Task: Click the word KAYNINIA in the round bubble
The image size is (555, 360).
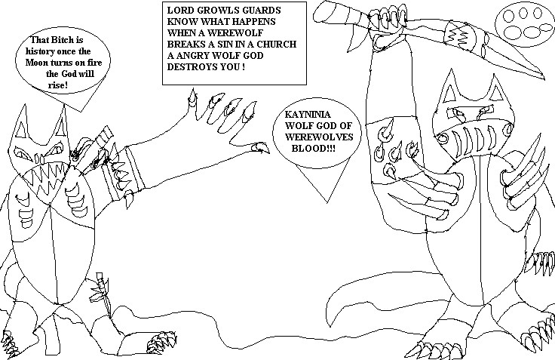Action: (308, 115)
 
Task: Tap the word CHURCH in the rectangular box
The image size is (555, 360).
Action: (277, 44)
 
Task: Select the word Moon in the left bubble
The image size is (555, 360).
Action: (35, 63)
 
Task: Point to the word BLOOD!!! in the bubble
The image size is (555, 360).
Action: (314, 148)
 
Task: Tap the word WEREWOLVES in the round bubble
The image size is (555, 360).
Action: (319, 137)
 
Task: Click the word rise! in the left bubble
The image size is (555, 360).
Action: (58, 85)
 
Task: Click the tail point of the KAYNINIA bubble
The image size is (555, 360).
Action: (327, 202)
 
